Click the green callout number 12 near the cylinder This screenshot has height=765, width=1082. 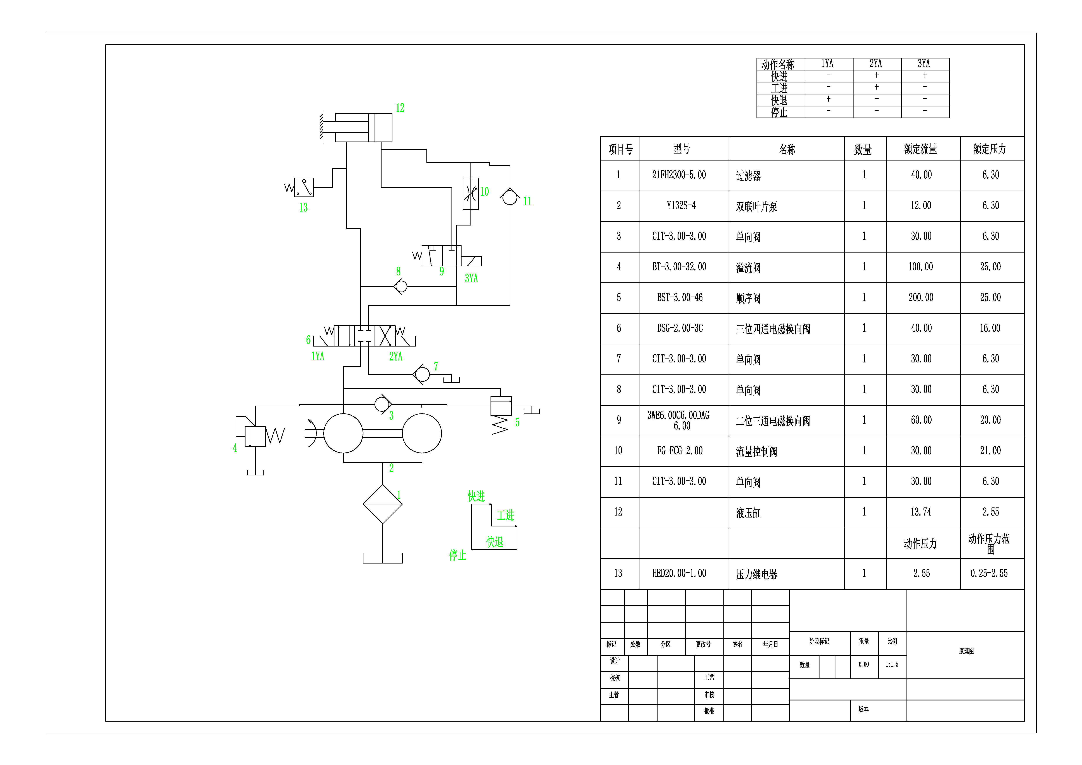(x=400, y=108)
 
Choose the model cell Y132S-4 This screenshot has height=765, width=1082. (x=680, y=205)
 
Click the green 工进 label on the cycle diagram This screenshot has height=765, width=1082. (x=505, y=515)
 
